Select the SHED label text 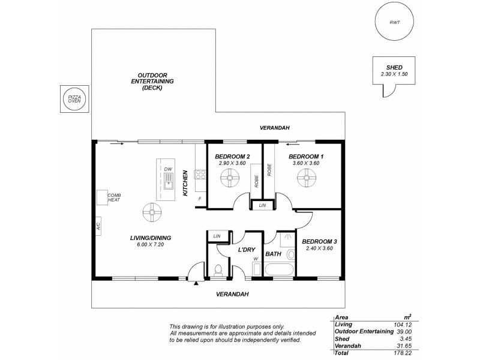pyautogui.click(x=393, y=68)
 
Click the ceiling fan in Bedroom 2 pyautogui.click(x=229, y=177)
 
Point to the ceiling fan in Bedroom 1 pyautogui.click(x=305, y=177)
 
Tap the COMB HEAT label pyautogui.click(x=114, y=197)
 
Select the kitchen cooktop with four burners pyautogui.click(x=200, y=175)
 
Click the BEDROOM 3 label pyautogui.click(x=319, y=241)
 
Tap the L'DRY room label pyautogui.click(x=247, y=249)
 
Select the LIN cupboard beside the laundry pyautogui.click(x=217, y=236)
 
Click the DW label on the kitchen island pyautogui.click(x=168, y=169)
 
